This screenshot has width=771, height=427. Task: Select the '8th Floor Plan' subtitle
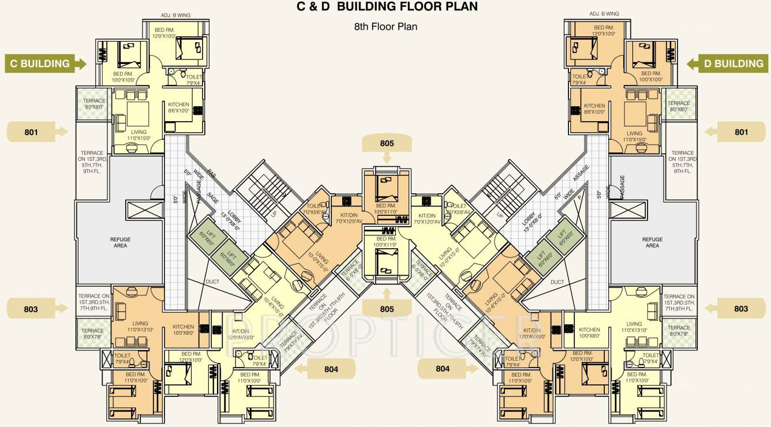tap(385, 27)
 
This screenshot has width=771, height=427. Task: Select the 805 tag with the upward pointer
tap(387, 308)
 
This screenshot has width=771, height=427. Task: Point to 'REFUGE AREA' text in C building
tap(120, 242)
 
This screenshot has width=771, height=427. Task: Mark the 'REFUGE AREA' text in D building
tap(652, 242)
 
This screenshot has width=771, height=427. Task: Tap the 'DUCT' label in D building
tap(557, 282)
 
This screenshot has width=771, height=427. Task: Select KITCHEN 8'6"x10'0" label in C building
tap(178, 108)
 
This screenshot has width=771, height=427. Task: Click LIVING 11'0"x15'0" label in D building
tap(635, 136)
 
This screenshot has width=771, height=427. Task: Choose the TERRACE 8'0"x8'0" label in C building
tap(95, 104)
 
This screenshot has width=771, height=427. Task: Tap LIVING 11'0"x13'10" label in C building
tap(140, 327)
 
